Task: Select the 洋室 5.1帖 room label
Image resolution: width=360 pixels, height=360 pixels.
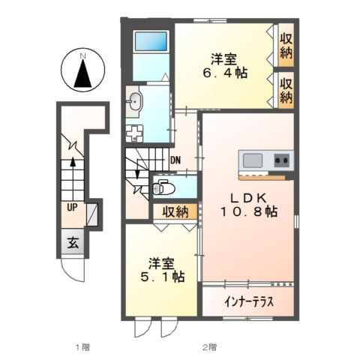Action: click(162, 271)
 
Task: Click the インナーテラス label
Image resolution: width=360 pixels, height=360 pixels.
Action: click(248, 303)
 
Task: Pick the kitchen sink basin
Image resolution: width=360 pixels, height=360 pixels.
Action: click(251, 160)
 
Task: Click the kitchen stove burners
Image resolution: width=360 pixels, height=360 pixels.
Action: click(281, 160)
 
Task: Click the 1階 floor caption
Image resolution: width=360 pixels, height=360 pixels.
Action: click(82, 347)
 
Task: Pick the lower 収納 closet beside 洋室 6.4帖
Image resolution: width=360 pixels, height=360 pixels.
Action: click(286, 89)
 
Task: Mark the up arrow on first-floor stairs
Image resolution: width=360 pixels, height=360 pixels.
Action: click(73, 163)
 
